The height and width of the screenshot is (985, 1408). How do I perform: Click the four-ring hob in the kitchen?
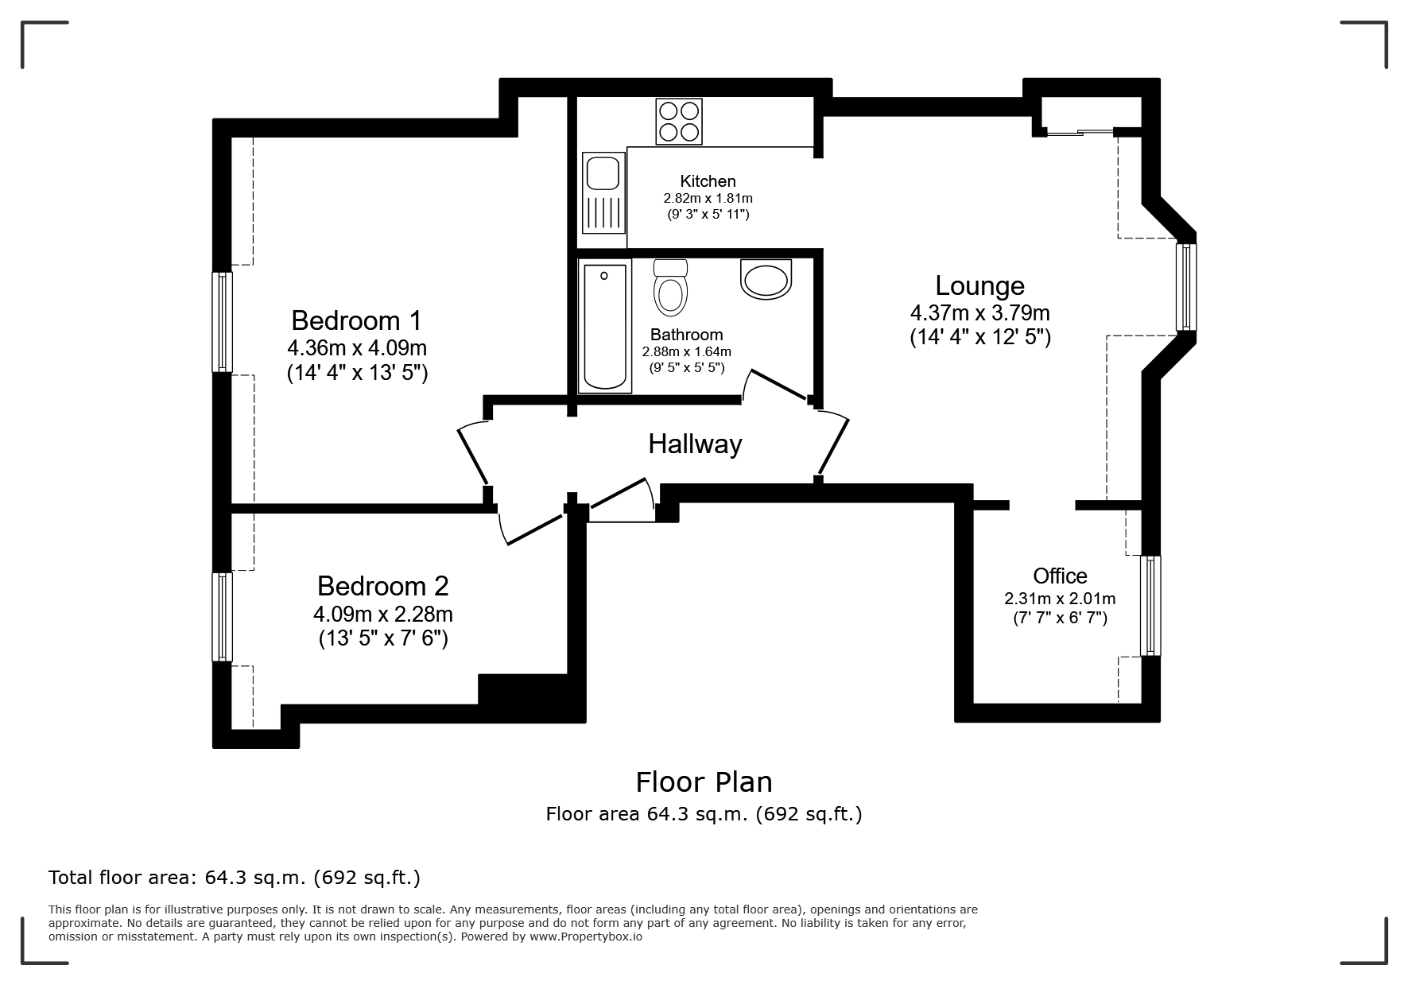(x=678, y=121)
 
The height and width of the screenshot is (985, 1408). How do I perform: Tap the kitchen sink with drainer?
(x=603, y=193)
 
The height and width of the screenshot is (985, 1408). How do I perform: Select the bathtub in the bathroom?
(x=604, y=326)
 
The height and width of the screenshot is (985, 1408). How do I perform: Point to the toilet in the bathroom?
(x=670, y=287)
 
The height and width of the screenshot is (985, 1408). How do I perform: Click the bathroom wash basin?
(x=766, y=279)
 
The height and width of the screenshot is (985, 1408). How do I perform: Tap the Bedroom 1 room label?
(x=356, y=320)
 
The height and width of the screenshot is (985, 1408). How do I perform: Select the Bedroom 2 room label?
(x=383, y=586)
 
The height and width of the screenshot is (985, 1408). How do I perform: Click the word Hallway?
(x=695, y=444)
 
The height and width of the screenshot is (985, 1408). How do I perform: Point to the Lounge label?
(x=979, y=285)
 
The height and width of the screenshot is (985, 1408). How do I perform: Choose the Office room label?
(x=1060, y=576)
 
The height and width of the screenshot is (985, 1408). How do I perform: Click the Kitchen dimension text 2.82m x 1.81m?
(x=708, y=198)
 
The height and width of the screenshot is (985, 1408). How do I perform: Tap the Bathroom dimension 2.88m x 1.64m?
(x=687, y=351)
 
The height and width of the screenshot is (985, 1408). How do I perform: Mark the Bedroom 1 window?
(x=223, y=322)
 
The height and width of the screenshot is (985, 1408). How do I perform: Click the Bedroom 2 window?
(x=223, y=617)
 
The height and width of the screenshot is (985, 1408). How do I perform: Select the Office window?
(x=1150, y=606)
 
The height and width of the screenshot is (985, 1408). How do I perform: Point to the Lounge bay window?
(x=1186, y=286)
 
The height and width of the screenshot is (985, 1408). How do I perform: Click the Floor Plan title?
(x=704, y=782)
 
